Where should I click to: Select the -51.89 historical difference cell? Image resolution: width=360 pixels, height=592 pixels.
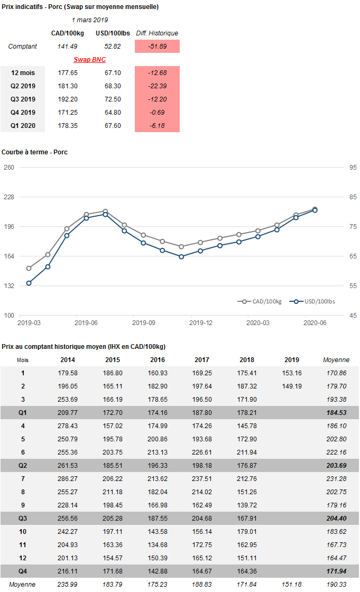point(157,47)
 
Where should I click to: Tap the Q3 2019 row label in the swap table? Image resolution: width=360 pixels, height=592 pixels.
point(23,99)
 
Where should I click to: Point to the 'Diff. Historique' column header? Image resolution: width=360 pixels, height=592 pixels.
point(157,33)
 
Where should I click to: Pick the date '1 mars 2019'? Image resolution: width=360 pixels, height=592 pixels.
point(89,20)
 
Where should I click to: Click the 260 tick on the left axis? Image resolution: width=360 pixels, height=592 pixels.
point(9,168)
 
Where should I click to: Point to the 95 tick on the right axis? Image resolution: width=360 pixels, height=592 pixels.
point(352,168)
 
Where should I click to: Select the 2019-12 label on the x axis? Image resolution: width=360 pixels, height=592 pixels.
point(201,322)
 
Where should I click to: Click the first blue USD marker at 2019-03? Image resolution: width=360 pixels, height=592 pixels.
point(29,283)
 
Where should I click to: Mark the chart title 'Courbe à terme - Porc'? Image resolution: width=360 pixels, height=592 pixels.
point(34,152)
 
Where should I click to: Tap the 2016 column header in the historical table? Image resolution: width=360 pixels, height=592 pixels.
point(157,360)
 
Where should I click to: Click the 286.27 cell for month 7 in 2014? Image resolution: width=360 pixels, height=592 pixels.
point(67,479)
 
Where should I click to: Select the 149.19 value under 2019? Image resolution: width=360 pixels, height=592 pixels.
point(292,386)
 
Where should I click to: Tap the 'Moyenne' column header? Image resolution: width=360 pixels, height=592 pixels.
point(336,360)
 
